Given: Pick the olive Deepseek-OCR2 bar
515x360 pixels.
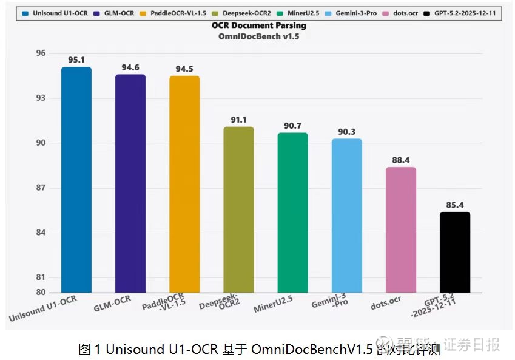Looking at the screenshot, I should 238,209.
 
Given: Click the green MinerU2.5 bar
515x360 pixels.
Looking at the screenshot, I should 292,212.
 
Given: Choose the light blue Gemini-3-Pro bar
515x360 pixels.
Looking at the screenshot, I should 346,216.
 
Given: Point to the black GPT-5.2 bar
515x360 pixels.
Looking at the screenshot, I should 455,252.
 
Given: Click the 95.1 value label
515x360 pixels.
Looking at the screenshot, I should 76,60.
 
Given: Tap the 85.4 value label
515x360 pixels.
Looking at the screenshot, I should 455,205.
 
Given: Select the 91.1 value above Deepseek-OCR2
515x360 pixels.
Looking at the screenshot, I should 238,120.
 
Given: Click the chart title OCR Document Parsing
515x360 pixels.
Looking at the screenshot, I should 259,26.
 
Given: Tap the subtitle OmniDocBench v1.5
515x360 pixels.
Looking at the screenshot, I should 259,36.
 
